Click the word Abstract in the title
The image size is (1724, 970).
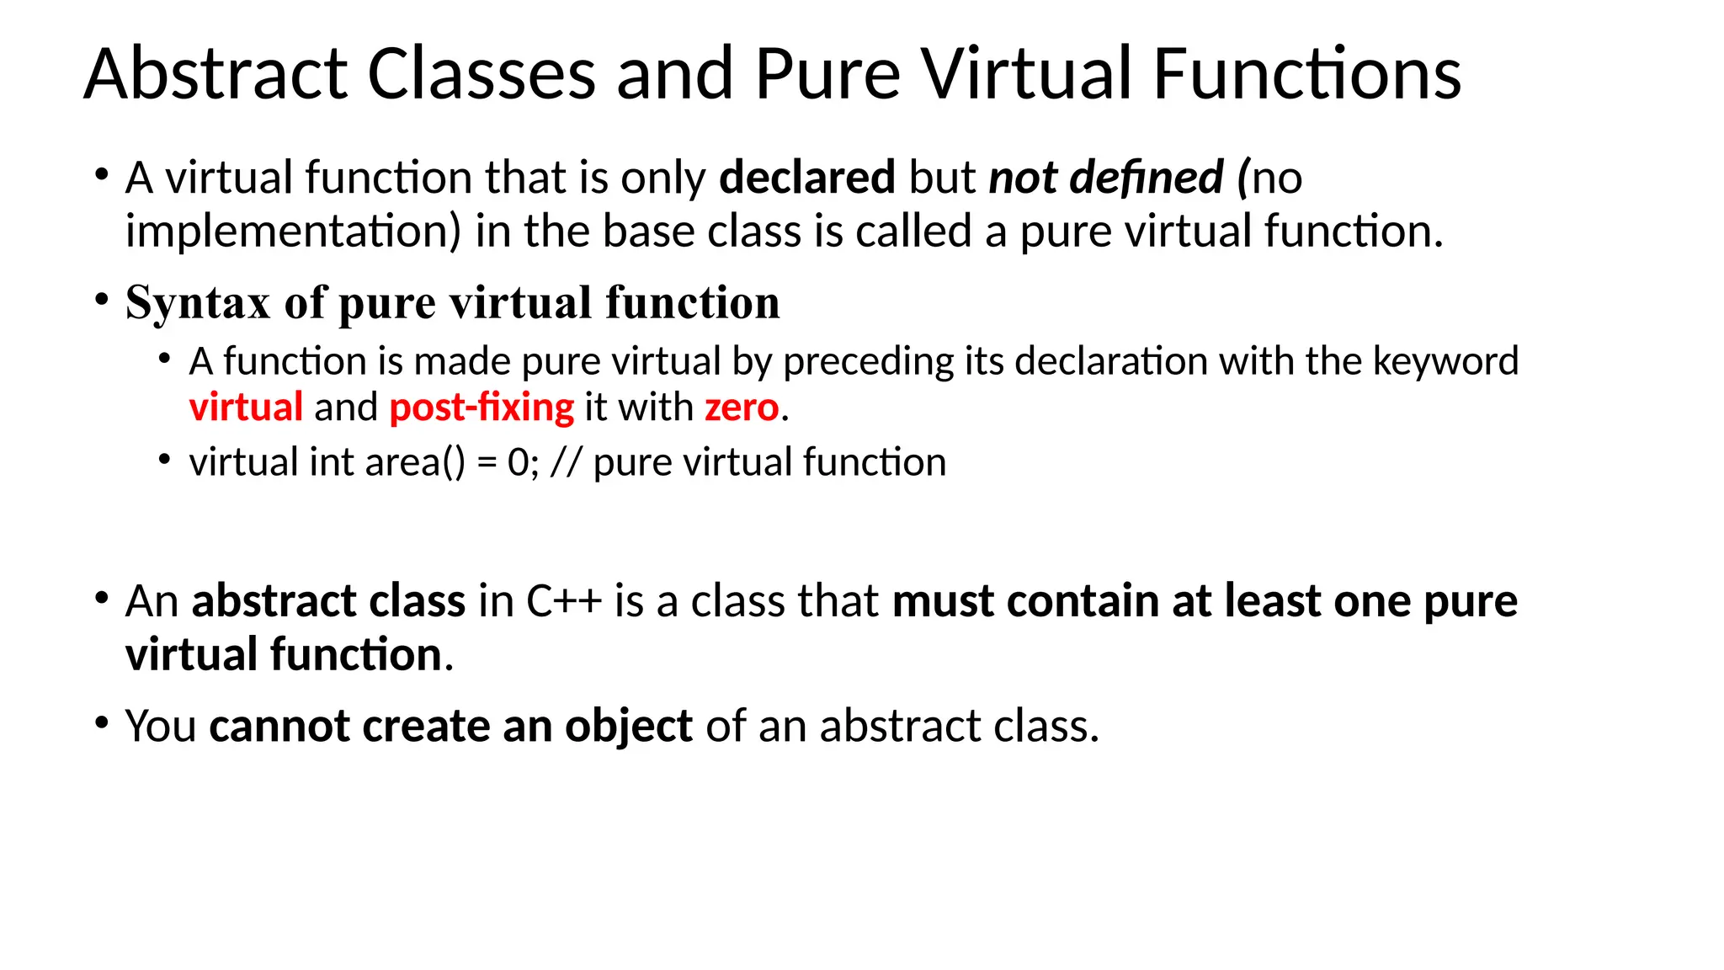pyautogui.click(x=215, y=74)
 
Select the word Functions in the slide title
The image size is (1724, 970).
pyautogui.click(x=1306, y=74)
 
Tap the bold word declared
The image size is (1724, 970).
pyautogui.click(x=806, y=178)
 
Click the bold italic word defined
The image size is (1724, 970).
pyautogui.click(x=1146, y=178)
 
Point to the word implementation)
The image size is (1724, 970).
pyautogui.click(x=294, y=232)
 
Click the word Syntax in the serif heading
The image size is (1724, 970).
pyautogui.click(x=198, y=303)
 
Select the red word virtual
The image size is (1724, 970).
pyautogui.click(x=246, y=408)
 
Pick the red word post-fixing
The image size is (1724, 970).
pyautogui.click(x=482, y=408)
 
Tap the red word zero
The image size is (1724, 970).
pyautogui.click(x=742, y=408)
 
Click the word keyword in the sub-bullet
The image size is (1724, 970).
pyautogui.click(x=1445, y=361)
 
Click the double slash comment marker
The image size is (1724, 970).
pyautogui.click(x=566, y=462)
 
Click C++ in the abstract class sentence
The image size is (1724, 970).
pyautogui.click(x=564, y=602)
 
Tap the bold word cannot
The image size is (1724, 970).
pyautogui.click(x=279, y=726)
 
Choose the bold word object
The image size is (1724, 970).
pyautogui.click(x=628, y=726)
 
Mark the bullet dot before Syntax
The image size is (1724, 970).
pyautogui.click(x=102, y=300)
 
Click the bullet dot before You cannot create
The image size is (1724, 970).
pyautogui.click(x=102, y=723)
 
